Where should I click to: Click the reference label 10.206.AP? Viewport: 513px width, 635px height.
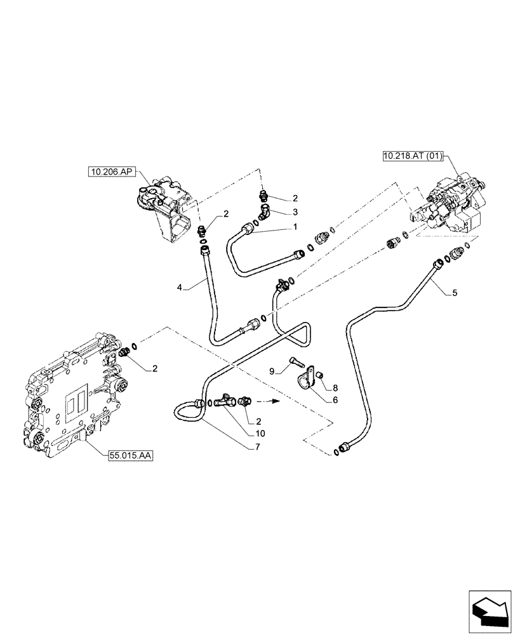(x=111, y=171)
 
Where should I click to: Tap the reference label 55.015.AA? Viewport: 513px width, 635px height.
(x=126, y=455)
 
